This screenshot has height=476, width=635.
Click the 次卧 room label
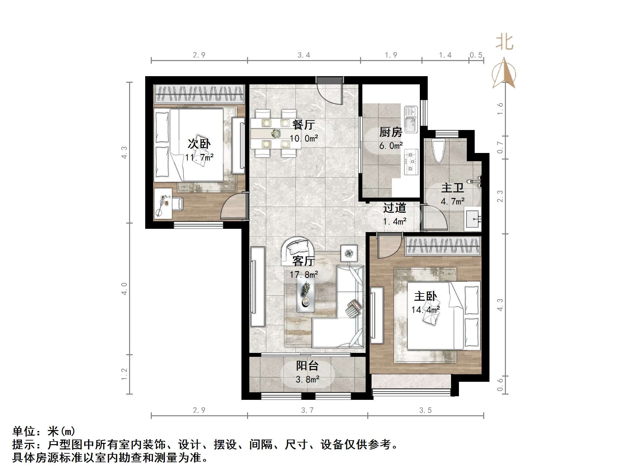click(x=199, y=144)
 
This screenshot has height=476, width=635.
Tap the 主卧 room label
click(x=425, y=296)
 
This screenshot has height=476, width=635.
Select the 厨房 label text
click(x=391, y=132)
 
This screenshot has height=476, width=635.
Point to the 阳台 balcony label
click(x=307, y=366)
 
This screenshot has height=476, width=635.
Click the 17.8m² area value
click(x=304, y=274)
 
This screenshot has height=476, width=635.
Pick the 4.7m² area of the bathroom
click(x=452, y=201)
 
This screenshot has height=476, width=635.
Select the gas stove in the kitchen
click(x=411, y=162)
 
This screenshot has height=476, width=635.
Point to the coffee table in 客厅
click(x=306, y=295)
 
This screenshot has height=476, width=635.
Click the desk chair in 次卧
click(x=177, y=204)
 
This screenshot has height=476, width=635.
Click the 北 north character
click(x=504, y=43)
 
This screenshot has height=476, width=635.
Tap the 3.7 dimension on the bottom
click(x=307, y=410)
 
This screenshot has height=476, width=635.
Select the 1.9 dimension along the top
click(x=391, y=55)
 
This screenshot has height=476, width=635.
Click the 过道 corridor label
click(x=395, y=208)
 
